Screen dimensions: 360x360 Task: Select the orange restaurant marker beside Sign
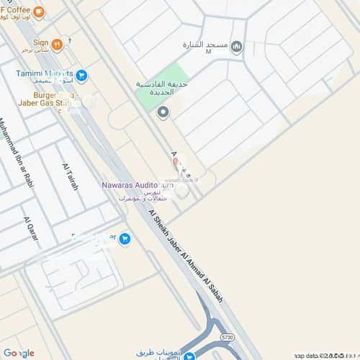(57, 44)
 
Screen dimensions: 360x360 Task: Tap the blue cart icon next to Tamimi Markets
(82, 74)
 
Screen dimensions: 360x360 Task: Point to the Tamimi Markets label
(45, 73)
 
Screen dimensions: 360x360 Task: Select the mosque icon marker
(238, 47)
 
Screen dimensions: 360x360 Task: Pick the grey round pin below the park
(163, 112)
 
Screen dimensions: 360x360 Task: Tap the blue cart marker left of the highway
(125, 238)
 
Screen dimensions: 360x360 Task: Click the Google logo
(18, 352)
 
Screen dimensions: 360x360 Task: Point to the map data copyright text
(324, 355)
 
